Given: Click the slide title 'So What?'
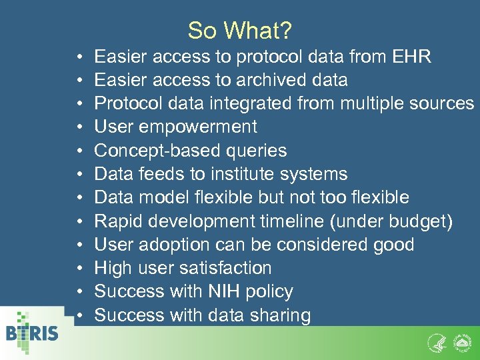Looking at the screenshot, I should coord(241,31).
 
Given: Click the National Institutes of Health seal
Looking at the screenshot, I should coord(461,343).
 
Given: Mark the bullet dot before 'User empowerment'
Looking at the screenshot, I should coord(79,127).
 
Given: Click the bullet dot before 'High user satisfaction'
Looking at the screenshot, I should coord(79,269).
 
